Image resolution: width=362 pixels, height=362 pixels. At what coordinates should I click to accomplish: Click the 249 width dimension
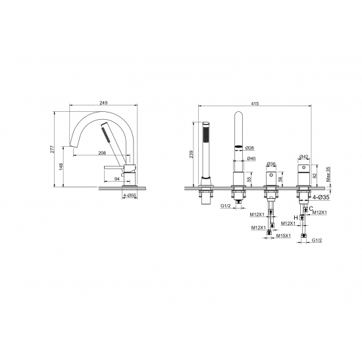pos(103,103)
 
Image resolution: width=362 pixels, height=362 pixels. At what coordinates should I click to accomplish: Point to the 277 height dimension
pos(53,149)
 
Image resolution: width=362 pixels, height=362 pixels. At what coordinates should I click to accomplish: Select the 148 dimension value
pos(61,167)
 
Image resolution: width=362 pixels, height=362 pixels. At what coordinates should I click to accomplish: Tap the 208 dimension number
pos(102,153)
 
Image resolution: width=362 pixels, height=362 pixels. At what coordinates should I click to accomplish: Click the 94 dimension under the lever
pos(117,178)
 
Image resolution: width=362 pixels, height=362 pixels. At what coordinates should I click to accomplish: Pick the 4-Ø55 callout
pos(130,195)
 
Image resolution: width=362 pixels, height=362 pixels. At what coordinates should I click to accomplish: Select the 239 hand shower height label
pos(192,154)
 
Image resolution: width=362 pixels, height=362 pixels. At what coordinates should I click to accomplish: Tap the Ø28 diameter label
pos(250,147)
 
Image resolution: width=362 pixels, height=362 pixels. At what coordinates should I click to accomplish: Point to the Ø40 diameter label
pos(251,159)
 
